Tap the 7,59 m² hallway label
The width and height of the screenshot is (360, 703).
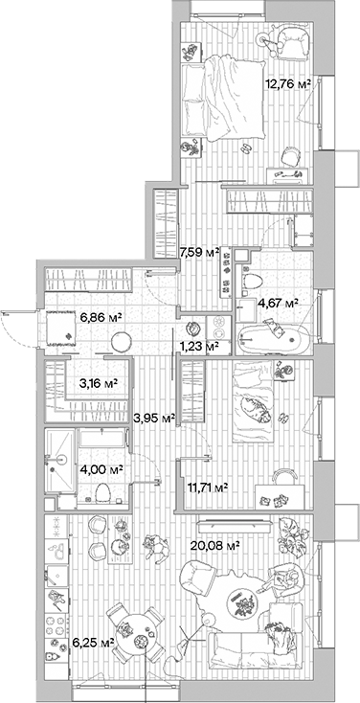pos(199,253)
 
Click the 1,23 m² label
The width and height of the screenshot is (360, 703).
pos(199,347)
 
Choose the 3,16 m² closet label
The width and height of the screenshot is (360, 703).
pos(99,383)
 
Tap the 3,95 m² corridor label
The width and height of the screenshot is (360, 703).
pos(154,418)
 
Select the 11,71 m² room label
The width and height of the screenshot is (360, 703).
pos(206,488)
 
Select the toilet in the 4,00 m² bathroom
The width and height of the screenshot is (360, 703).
pos(99,493)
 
